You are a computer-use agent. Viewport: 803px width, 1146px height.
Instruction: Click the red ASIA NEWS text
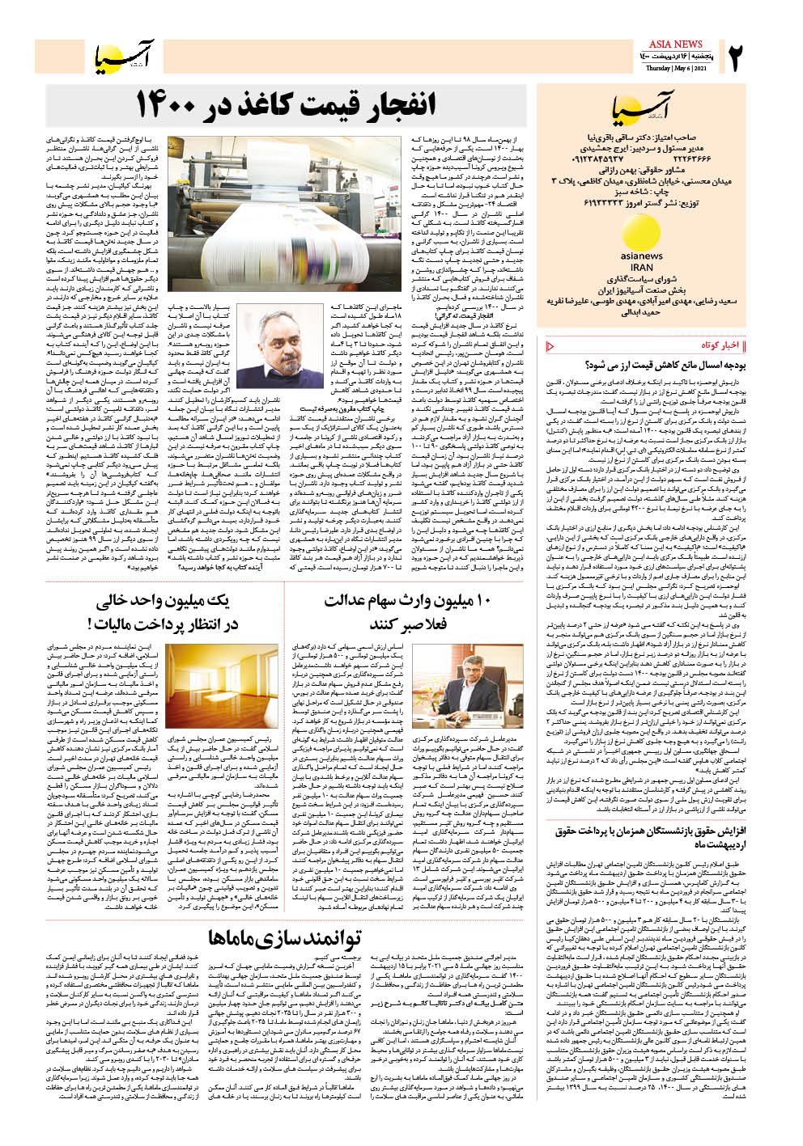pos(676,44)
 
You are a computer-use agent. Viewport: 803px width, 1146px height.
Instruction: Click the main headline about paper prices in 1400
pos(285,104)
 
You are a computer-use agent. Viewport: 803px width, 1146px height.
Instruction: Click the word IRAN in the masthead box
pos(641,267)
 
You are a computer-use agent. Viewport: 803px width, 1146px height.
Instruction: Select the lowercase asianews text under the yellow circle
pos(641,256)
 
